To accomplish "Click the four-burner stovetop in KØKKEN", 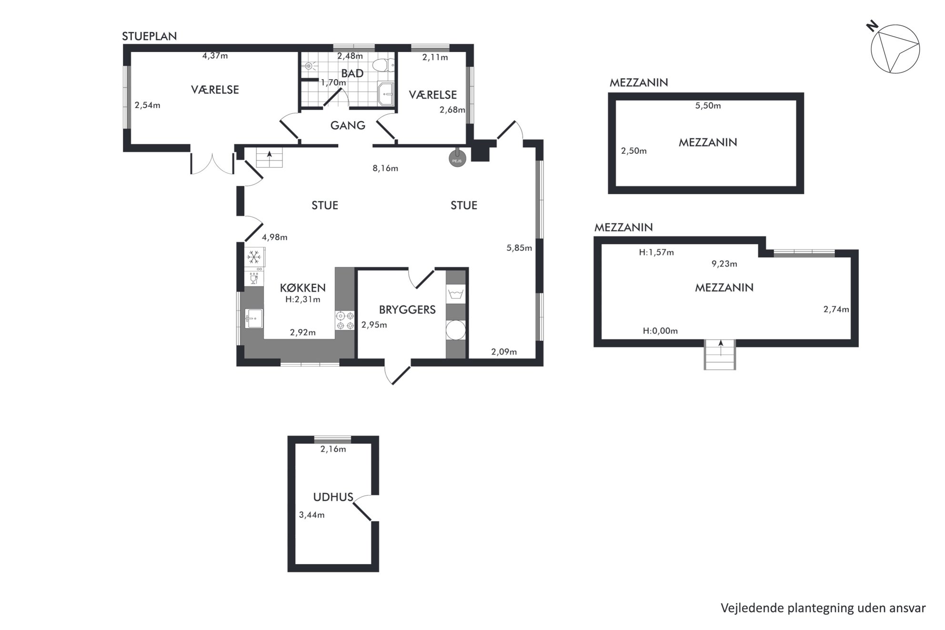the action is pyautogui.click(x=345, y=320).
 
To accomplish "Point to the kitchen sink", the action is pyautogui.click(x=254, y=318).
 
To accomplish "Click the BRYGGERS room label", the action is pyautogui.click(x=407, y=310).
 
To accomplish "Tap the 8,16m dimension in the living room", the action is pyautogui.click(x=385, y=168).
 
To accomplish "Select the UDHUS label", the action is pyautogui.click(x=333, y=497).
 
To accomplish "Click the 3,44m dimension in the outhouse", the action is pyautogui.click(x=312, y=515).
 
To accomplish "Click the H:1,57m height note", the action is pyautogui.click(x=656, y=252).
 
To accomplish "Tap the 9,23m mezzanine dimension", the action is pyautogui.click(x=724, y=264).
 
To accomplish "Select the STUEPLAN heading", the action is pyautogui.click(x=150, y=36).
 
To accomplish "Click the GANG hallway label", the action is pyautogui.click(x=348, y=125).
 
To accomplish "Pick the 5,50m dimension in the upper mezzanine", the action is pyautogui.click(x=708, y=106).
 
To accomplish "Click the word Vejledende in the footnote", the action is pyautogui.click(x=752, y=608).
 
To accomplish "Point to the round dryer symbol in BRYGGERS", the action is pyautogui.click(x=455, y=330).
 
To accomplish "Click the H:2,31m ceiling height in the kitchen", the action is pyautogui.click(x=303, y=300).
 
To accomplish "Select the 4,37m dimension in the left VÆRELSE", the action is pyautogui.click(x=215, y=56).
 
